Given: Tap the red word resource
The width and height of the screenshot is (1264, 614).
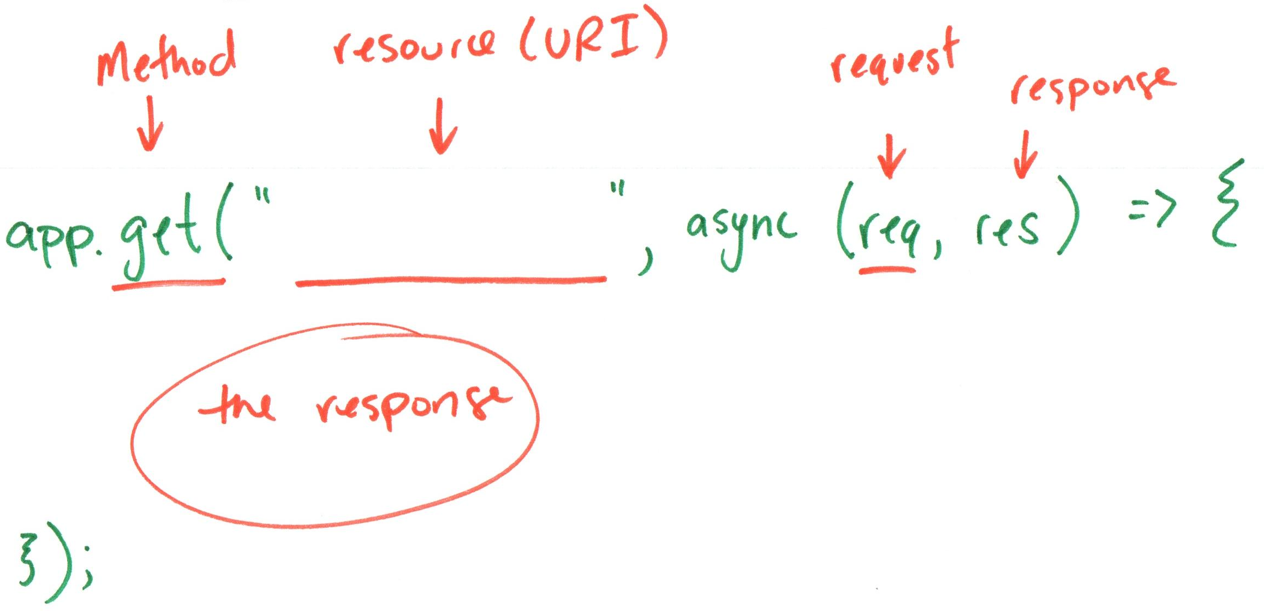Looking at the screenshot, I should (x=415, y=46).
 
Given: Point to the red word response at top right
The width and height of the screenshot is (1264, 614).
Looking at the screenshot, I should (x=1092, y=87).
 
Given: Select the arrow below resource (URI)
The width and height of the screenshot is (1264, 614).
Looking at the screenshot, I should (x=442, y=127).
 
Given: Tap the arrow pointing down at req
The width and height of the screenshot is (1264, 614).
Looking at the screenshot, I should (x=891, y=156).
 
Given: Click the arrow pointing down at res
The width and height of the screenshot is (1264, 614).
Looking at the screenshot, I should (x=1025, y=155).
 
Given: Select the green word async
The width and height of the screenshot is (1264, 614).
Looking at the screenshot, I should (x=741, y=232).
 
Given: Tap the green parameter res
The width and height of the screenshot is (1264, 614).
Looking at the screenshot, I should (x=1007, y=229).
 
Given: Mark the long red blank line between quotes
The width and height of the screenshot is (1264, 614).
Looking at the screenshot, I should (x=451, y=281).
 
